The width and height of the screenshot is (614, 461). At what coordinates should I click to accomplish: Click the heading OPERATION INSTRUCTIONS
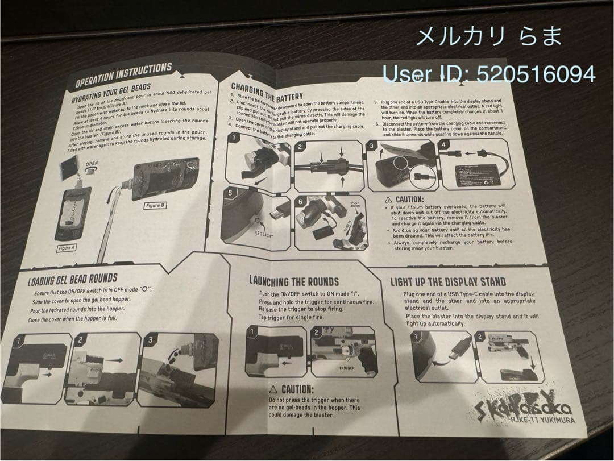(123, 75)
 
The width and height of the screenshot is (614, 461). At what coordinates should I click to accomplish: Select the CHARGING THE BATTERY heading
(267, 93)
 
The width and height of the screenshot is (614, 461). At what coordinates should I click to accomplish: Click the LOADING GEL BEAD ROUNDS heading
(73, 279)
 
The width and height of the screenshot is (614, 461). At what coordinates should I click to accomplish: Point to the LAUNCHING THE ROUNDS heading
(293, 281)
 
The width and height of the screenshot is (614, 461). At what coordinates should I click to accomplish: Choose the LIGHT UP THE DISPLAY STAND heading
(447, 282)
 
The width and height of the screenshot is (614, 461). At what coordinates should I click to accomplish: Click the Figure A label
(66, 248)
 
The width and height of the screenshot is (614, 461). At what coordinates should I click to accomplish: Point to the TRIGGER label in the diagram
(347, 368)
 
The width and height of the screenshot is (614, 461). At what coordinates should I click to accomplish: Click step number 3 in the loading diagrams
(150, 340)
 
